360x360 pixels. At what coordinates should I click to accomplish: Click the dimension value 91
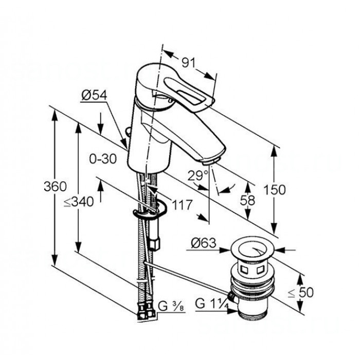click(x=188, y=62)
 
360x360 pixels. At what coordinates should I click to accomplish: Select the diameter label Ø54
click(x=94, y=95)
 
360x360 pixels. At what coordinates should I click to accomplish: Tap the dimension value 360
click(x=55, y=186)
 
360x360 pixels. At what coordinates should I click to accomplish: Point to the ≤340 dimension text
click(x=79, y=202)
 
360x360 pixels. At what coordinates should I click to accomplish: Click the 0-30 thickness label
click(x=103, y=158)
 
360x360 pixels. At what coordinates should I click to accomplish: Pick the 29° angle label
click(x=198, y=176)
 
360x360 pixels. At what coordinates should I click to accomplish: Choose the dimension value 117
click(x=182, y=205)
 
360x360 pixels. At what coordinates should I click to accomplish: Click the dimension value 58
click(x=247, y=200)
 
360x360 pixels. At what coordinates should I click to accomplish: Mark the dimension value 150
click(x=275, y=190)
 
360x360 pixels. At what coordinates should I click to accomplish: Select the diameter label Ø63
click(x=204, y=243)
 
